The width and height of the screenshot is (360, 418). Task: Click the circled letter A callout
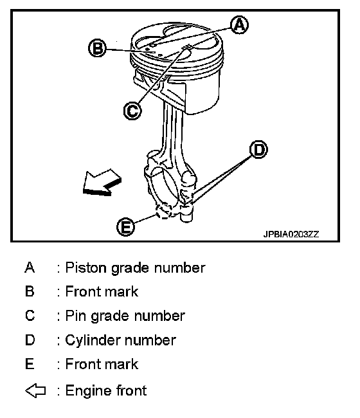[x=239, y=25]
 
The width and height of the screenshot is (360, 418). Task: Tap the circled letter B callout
[x=97, y=48]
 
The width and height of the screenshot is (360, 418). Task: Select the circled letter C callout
[x=132, y=111]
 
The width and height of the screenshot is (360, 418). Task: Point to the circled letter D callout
[x=258, y=149]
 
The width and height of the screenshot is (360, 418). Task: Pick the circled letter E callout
[x=125, y=227]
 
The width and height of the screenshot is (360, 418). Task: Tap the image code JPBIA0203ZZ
[x=291, y=234]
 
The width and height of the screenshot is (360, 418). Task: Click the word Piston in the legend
[x=85, y=268]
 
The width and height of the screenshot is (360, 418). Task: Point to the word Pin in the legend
[x=76, y=316]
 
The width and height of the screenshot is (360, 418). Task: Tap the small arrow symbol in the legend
[x=35, y=391]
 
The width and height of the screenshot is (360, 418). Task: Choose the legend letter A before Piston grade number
[x=30, y=268]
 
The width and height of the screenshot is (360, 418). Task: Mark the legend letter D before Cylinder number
[x=30, y=340]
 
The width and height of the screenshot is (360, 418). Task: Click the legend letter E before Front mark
[x=30, y=364]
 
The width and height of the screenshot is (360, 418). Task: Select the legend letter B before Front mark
[x=30, y=291]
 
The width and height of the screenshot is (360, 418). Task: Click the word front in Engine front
[x=132, y=390]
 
